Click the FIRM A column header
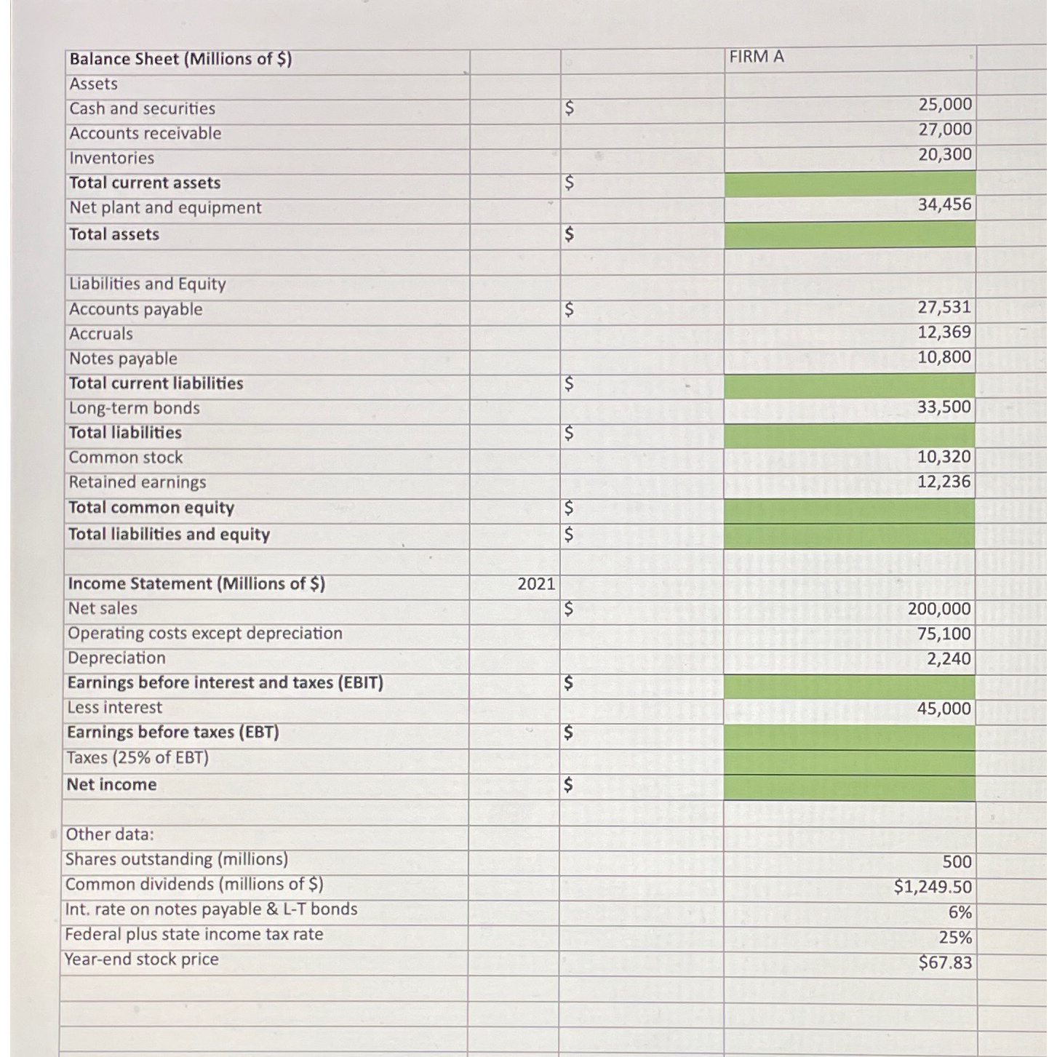click(x=757, y=57)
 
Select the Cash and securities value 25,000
click(x=944, y=105)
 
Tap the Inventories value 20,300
click(x=944, y=154)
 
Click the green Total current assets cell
click(x=850, y=184)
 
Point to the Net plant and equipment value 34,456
click(x=944, y=205)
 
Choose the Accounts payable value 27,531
click(x=944, y=308)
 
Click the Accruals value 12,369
click(x=944, y=332)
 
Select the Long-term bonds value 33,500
click(x=944, y=407)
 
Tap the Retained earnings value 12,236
click(x=944, y=482)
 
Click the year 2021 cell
click(x=536, y=584)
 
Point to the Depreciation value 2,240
click(x=949, y=659)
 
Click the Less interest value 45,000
click(x=944, y=709)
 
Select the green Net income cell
click(x=850, y=787)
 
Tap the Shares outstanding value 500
click(x=957, y=862)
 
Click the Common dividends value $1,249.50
click(x=933, y=888)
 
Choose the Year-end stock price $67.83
click(x=945, y=963)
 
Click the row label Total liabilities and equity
click(x=169, y=535)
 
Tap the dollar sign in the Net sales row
click(x=569, y=609)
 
